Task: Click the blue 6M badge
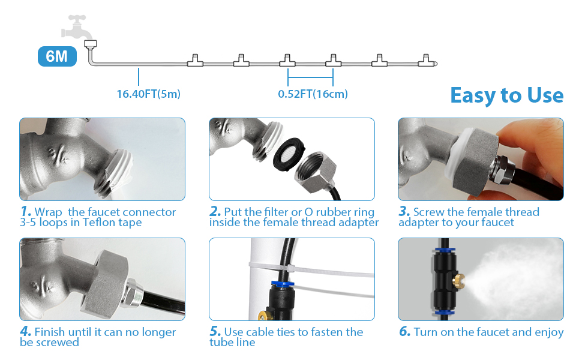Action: pos(57,56)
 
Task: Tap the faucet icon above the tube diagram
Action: pos(77,27)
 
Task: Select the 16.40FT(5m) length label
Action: pos(148,94)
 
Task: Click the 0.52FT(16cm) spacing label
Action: pos(313,94)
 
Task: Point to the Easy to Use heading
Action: pos(506,95)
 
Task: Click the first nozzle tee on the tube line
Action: pos(195,61)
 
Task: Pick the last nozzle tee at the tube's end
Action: pos(427,61)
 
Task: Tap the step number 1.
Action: pos(26,211)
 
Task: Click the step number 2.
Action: pos(215,211)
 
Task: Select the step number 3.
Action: pos(404,211)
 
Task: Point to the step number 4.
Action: pos(26,331)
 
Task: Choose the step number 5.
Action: pos(215,331)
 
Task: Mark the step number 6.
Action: pos(404,331)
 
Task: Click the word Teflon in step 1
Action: pos(99,223)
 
